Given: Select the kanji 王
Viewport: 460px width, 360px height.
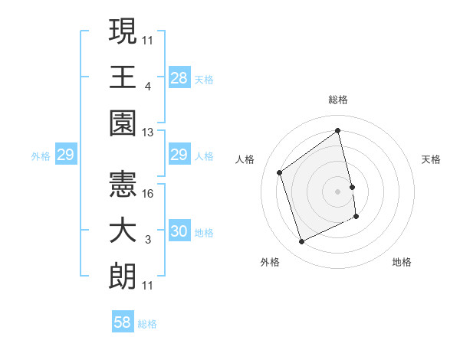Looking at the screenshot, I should [123, 77].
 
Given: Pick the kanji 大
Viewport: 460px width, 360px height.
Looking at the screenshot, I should [123, 230].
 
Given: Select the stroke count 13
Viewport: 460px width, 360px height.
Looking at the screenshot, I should [148, 133].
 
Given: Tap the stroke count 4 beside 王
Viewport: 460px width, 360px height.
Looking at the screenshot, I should [147, 87].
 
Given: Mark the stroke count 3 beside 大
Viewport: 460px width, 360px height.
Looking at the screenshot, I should [147, 240].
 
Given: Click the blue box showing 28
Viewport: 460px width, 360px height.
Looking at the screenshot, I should [179, 77].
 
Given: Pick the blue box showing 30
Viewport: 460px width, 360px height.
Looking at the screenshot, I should [179, 232].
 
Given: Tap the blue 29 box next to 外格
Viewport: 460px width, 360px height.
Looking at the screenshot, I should [66, 155].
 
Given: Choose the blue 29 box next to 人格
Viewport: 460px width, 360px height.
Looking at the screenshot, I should [179, 155].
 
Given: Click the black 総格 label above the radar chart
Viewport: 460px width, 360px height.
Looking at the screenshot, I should [338, 100].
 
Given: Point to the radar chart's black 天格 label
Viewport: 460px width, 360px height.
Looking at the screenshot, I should [432, 159].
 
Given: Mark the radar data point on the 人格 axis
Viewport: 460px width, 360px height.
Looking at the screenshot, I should [280, 172].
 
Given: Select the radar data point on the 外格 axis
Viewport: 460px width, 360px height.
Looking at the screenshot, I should [301, 242].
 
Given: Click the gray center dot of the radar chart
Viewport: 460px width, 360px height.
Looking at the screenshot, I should [338, 191].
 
